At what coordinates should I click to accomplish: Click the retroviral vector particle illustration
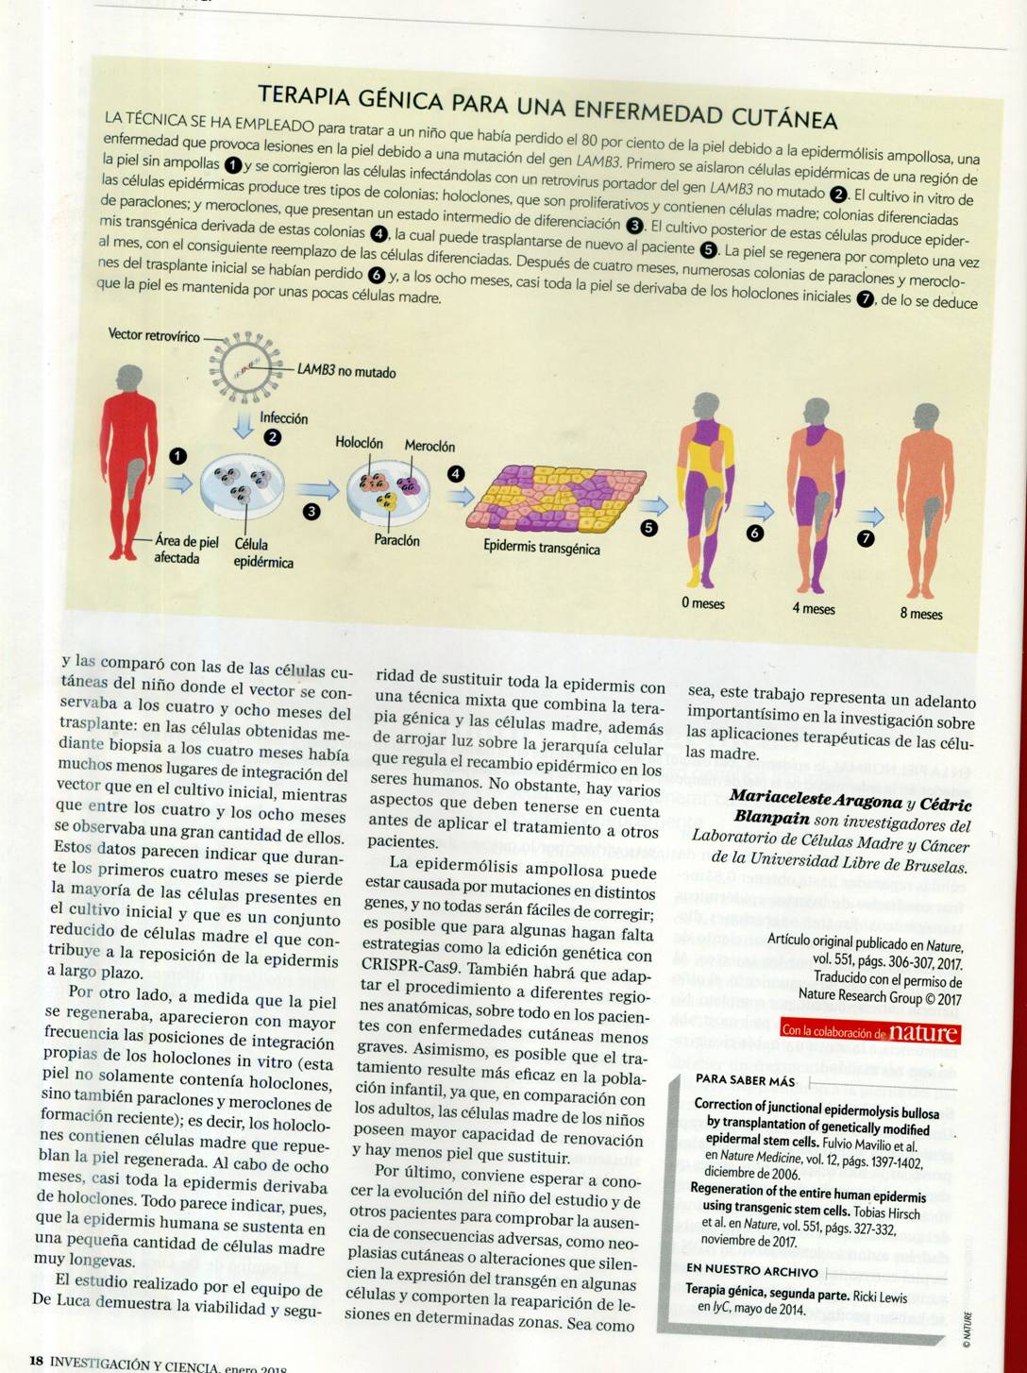tap(244, 364)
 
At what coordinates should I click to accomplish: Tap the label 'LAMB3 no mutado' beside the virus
tap(346, 372)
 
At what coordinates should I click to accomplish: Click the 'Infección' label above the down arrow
tap(283, 417)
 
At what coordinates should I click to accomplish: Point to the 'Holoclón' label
tap(359, 443)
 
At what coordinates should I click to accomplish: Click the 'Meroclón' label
tap(429, 446)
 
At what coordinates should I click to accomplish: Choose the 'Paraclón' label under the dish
tap(396, 540)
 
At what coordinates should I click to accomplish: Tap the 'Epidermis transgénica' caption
tap(541, 548)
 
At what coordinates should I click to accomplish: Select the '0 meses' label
tap(703, 603)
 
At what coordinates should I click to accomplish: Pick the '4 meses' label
tap(814, 608)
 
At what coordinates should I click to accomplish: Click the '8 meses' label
tap(920, 614)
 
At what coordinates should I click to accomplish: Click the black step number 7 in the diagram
tap(865, 539)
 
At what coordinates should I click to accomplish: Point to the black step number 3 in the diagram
tap(311, 511)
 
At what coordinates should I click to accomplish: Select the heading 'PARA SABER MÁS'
tap(745, 1080)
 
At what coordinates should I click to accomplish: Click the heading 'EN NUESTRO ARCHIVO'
tap(751, 1270)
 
